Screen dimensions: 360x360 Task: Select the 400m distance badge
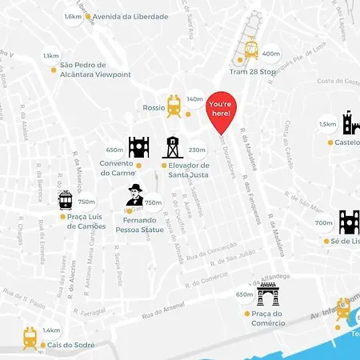point(271,54)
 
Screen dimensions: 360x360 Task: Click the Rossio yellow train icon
point(174,105)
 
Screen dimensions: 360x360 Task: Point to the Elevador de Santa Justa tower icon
point(171,147)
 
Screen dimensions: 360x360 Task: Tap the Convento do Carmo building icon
point(138,147)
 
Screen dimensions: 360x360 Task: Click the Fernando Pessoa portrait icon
point(135,195)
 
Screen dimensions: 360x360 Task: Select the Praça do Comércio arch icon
point(268,294)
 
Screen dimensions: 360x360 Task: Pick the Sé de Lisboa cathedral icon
point(350,222)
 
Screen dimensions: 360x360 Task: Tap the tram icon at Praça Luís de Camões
point(66,200)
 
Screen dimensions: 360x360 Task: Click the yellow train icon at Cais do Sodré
point(30,337)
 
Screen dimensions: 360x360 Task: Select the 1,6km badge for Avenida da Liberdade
point(74,16)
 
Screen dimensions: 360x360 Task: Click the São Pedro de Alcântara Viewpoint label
point(90,70)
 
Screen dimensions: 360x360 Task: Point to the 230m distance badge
point(197,150)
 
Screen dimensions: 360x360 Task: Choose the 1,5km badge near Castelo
point(328,124)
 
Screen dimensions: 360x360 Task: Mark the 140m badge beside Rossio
point(195,99)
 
